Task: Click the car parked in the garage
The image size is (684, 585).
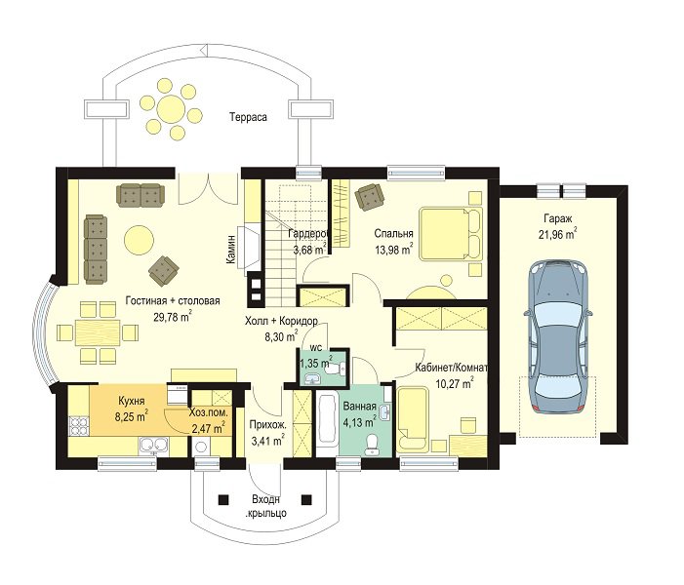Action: tap(558, 337)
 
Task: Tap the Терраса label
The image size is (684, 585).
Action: tap(248, 117)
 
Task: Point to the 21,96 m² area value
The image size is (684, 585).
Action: tap(558, 234)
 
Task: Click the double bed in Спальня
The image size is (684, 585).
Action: tap(451, 234)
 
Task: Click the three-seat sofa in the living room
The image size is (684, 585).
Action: tap(96, 250)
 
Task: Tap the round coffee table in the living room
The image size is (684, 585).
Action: tap(139, 239)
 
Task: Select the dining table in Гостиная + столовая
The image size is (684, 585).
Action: tap(98, 333)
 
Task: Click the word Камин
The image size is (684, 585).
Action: tap(230, 250)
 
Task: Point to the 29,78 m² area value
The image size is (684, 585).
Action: tap(173, 316)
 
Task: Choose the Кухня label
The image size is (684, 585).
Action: tap(132, 401)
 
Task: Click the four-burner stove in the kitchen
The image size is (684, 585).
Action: tap(79, 426)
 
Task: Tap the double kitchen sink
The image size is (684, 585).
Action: tap(153, 446)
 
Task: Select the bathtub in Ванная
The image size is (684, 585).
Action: tap(327, 424)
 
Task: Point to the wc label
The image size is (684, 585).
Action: tap(316, 348)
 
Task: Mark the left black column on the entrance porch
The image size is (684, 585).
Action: tap(223, 499)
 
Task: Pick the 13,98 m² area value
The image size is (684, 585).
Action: tap(394, 250)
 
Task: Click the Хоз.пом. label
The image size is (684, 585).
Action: tap(209, 412)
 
